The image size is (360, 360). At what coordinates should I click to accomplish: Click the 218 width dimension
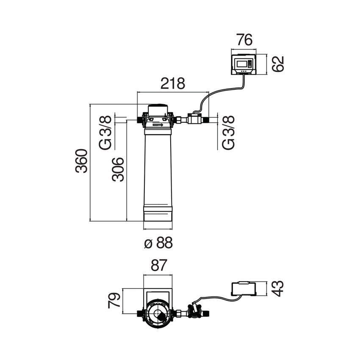pyautogui.click(x=172, y=83)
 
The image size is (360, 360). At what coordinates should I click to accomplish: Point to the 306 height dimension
pyautogui.click(x=118, y=169)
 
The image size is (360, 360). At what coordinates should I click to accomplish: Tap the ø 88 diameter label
pyautogui.click(x=158, y=243)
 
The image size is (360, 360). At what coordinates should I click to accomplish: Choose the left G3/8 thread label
pyautogui.click(x=106, y=132)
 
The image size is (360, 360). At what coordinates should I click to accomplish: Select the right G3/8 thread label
pyautogui.click(x=228, y=132)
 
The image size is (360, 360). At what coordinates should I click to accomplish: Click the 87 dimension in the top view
pyautogui.click(x=158, y=266)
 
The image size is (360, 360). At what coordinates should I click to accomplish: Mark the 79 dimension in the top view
pyautogui.click(x=114, y=299)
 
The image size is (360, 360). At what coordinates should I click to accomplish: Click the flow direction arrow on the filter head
pyautogui.click(x=158, y=125)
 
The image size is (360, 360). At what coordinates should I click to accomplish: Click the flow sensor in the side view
pyautogui.click(x=195, y=118)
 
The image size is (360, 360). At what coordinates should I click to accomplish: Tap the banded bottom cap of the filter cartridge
pyautogui.click(x=158, y=213)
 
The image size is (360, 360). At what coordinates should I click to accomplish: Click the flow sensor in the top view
pyautogui.click(x=194, y=313)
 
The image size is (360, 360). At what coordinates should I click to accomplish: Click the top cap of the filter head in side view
pyautogui.click(x=158, y=108)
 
